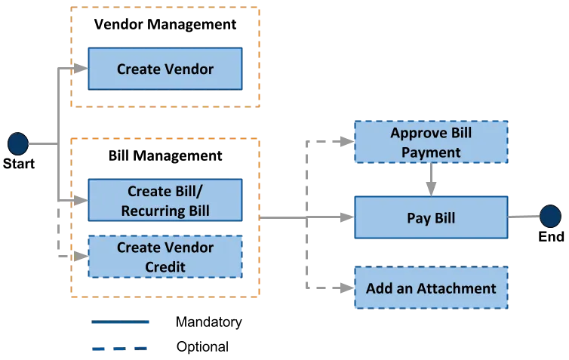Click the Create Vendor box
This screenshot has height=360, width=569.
point(165,69)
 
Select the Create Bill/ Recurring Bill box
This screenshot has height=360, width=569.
point(165,200)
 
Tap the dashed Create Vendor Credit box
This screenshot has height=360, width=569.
point(165,257)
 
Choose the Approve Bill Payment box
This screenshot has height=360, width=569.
point(430,142)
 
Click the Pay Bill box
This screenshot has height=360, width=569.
point(430,218)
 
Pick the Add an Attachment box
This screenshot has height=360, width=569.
point(430,288)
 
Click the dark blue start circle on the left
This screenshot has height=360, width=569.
point(17,143)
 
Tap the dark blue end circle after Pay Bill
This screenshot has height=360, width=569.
point(550,217)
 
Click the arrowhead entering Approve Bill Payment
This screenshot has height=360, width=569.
point(343,141)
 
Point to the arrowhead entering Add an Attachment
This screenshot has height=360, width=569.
point(343,288)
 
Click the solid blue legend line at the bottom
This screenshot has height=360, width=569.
point(120,323)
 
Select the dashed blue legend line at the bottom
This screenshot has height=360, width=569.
point(120,349)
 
